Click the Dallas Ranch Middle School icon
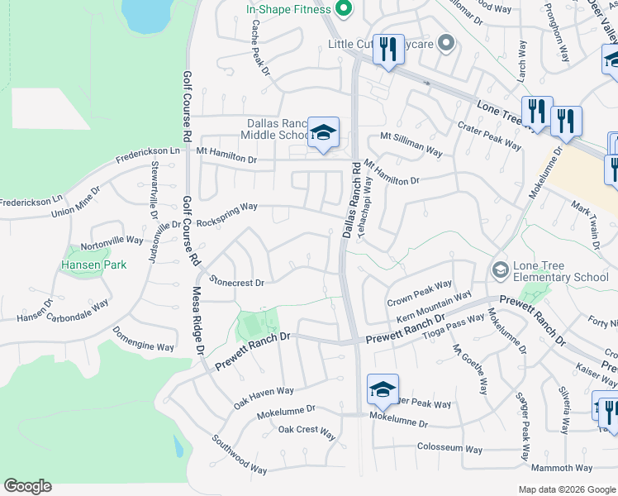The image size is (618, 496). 324,133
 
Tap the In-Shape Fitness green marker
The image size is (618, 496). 346,10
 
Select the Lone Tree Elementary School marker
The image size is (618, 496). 500,269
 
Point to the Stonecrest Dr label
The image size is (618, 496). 237,283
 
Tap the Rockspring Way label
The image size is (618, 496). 226,207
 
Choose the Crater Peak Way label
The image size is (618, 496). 490,136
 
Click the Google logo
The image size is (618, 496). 27,486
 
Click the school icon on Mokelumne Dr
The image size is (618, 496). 383,389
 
